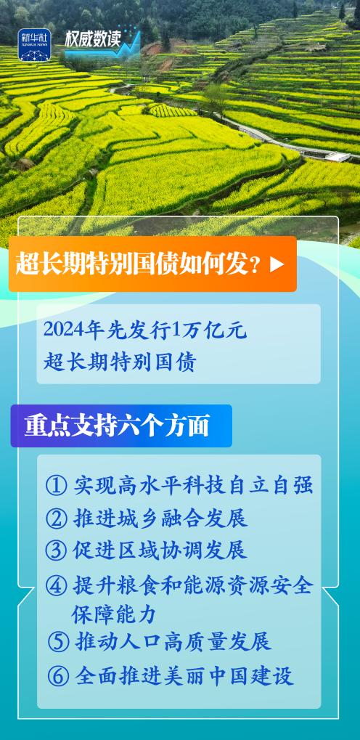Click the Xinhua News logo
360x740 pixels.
click(34, 45)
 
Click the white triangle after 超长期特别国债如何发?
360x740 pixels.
click(277, 264)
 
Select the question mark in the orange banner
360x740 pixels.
click(256, 265)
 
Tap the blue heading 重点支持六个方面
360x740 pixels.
click(117, 426)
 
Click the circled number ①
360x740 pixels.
click(56, 486)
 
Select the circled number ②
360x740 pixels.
click(56, 518)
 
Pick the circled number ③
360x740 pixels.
click(56, 550)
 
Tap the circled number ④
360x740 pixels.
click(56, 585)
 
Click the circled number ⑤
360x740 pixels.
click(59, 642)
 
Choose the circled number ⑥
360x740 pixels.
click(59, 676)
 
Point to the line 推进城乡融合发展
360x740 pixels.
click(160, 518)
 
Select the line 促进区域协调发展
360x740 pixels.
click(160, 550)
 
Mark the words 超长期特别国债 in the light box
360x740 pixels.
click(120, 362)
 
